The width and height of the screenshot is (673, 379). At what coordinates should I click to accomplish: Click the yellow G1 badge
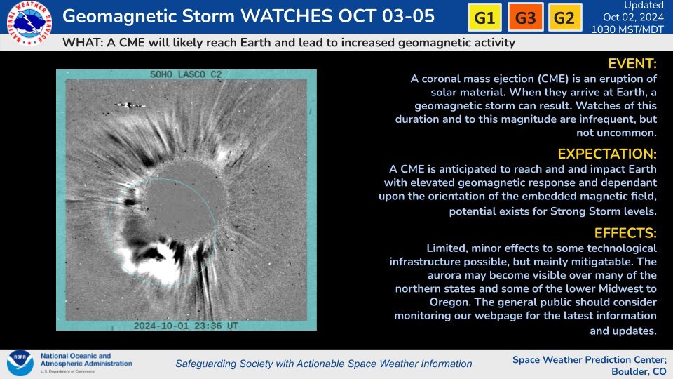pos(484,17)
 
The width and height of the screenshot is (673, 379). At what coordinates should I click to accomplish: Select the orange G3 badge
pos(525,17)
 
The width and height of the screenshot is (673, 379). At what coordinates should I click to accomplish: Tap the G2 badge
pos(565,17)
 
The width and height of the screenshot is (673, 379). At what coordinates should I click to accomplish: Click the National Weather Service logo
pos(29,22)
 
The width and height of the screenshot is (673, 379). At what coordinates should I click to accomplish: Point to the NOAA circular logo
pos(20,363)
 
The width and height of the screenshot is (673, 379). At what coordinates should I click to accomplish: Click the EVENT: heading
pos(632,64)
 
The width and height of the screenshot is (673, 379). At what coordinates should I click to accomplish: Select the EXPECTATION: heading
pos(607,154)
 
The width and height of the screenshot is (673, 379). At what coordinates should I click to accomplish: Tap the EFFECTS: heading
pos(625,233)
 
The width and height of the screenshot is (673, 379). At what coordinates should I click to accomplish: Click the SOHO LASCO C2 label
pos(186,74)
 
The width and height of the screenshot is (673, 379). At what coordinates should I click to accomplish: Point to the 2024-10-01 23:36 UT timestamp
pos(186,326)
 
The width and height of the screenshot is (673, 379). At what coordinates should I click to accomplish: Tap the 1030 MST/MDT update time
pos(627,29)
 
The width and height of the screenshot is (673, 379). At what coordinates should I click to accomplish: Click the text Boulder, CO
pos(639,371)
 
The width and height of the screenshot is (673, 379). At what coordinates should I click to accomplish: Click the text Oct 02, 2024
pos(633,17)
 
